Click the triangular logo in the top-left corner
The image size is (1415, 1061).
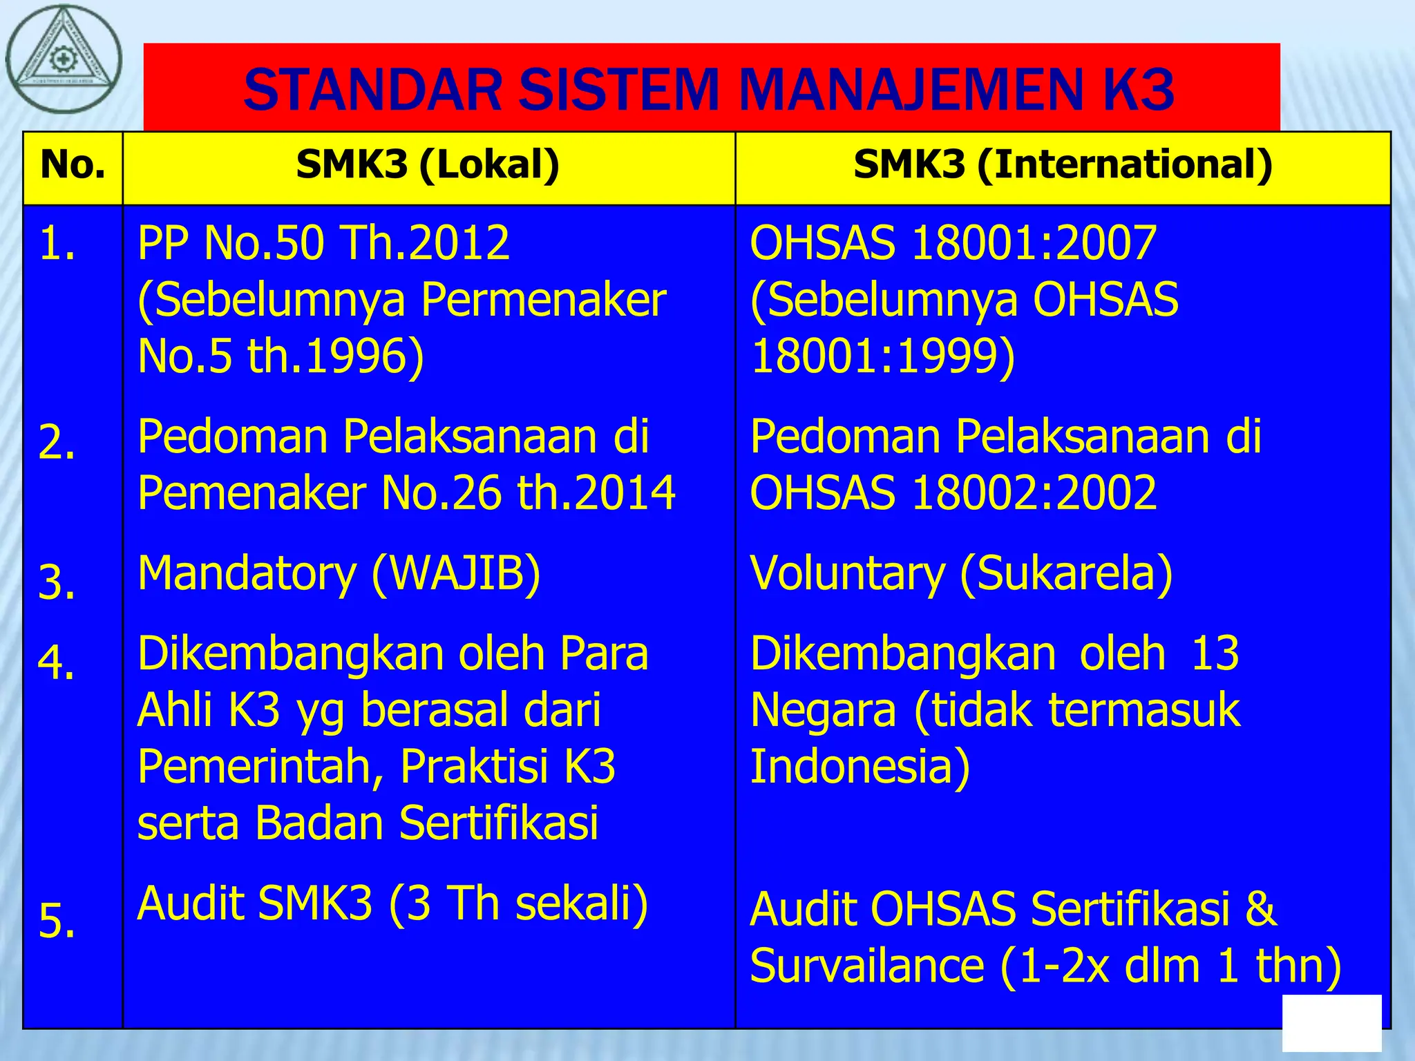tap(64, 59)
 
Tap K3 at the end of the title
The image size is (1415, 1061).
tap(1137, 90)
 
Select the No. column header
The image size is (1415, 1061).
tap(73, 166)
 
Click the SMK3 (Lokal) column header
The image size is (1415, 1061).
tap(428, 166)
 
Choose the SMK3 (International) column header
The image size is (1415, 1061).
tap(1063, 166)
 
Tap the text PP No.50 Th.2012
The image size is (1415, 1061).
tap(323, 243)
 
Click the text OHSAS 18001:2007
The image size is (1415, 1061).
tap(953, 243)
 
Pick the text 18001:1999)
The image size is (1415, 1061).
tap(882, 357)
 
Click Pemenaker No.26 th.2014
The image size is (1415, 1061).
tap(406, 493)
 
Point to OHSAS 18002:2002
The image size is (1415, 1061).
tap(953, 493)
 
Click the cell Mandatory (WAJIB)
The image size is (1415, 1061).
tap(339, 573)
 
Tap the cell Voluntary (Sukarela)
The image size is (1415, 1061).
tap(961, 573)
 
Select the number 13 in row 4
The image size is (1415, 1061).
tap(1215, 653)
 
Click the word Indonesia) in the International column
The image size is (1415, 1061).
tap(860, 767)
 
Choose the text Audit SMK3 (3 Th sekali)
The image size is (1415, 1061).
tap(392, 904)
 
